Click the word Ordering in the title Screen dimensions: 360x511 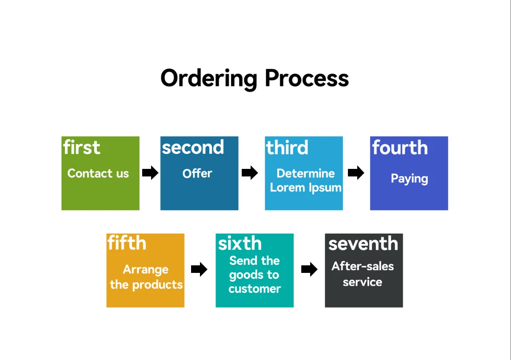208,78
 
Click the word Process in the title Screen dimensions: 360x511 307,78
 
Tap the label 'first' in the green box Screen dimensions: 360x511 82,148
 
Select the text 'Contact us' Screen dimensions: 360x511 98,173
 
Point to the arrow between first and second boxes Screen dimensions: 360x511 150,172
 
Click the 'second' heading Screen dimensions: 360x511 193,148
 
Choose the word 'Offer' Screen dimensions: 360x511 197,173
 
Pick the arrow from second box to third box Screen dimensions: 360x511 250,172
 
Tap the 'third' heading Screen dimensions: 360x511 287,148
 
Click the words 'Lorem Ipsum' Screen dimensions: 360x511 306,188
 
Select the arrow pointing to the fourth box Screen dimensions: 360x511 356,172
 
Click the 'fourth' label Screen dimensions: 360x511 400,148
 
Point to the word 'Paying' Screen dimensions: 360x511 409,179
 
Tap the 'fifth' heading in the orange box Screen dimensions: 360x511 127,243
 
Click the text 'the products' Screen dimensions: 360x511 146,284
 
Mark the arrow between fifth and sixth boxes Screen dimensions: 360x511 199,269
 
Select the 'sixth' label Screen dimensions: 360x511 240,244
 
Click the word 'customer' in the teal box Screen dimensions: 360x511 255,289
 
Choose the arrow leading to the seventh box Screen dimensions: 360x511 309,269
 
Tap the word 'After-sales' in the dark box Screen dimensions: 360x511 363,266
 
